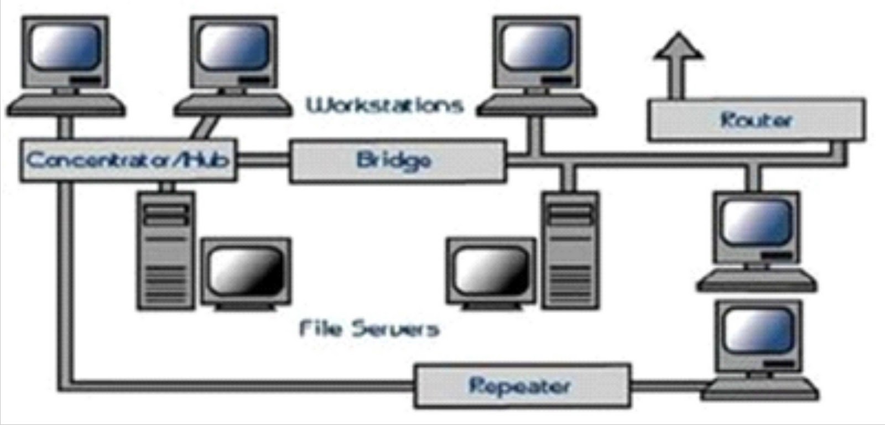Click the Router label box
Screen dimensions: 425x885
[x=756, y=120]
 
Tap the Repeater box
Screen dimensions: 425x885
[x=522, y=386]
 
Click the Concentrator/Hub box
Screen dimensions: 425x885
[x=128, y=160]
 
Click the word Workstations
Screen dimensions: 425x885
[x=385, y=105]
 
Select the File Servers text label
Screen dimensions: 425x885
[x=369, y=329]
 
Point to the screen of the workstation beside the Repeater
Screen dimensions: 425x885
[x=758, y=330]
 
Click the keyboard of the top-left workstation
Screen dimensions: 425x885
[x=65, y=105]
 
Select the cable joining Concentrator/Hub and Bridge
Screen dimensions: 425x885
[x=263, y=160]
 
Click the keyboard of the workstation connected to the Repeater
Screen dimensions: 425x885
[x=760, y=388]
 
